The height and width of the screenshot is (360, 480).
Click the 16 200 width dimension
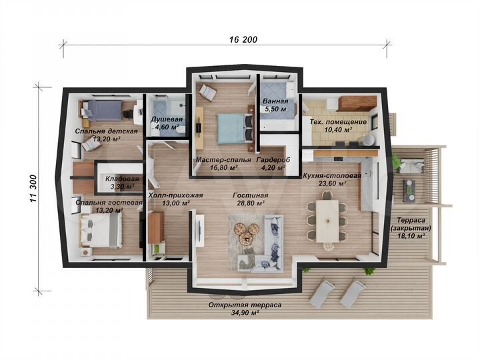pos(243,39)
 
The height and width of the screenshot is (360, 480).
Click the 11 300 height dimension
pos(33,188)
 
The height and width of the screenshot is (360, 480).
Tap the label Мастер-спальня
pos(223,160)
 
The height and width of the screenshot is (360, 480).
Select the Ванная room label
pos(275,101)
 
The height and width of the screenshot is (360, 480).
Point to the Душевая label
pos(167,119)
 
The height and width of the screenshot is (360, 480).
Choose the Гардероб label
pos(273,160)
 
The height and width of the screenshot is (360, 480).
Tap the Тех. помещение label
pos(338,122)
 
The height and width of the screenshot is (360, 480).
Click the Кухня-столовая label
pos(332,176)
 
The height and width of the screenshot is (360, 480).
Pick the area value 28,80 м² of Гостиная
pos(251,203)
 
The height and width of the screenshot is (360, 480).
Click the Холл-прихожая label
pos(175,195)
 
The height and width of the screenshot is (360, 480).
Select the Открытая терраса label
pos(245,305)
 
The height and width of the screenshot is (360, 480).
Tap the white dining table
pos(327,221)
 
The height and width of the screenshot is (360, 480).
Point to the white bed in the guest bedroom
pos(101,230)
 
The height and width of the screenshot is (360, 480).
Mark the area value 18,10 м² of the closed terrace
pos(411,236)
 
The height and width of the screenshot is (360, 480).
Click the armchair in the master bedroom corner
pos(208,93)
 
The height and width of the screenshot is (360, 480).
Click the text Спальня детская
pos(107,131)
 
